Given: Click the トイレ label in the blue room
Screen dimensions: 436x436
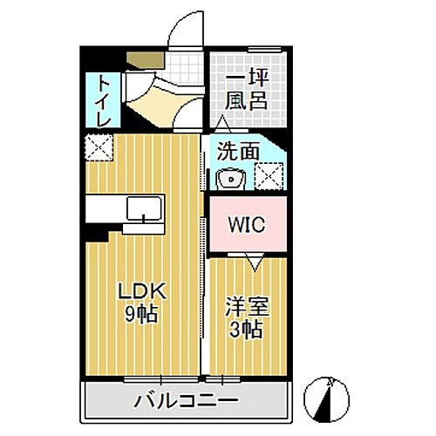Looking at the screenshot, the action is coord(104,101).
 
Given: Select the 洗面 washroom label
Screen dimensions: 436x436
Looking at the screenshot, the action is coord(238,151).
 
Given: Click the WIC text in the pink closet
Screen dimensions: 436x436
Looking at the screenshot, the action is coord(247,224).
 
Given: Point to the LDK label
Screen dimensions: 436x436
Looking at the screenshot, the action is coord(142,291).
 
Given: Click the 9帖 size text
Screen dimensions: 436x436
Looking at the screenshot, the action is coord(141,314).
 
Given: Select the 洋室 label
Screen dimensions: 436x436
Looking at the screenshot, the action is coord(248,306).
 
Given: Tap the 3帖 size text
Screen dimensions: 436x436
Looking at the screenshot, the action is coord(246,330).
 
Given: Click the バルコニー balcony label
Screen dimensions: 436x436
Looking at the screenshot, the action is coord(186,401).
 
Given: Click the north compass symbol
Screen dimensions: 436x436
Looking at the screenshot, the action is coord(326,399).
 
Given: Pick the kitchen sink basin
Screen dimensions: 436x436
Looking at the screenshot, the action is coord(144,208).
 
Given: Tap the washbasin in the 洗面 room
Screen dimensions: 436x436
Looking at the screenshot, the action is coord(231,179).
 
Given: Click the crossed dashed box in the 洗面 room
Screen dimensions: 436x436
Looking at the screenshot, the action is coord(269,176).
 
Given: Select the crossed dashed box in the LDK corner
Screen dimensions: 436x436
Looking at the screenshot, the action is coord(99,147).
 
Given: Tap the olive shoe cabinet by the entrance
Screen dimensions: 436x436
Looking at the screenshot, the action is coord(146,60).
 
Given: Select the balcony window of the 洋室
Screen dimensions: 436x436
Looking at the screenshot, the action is coord(223,379).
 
